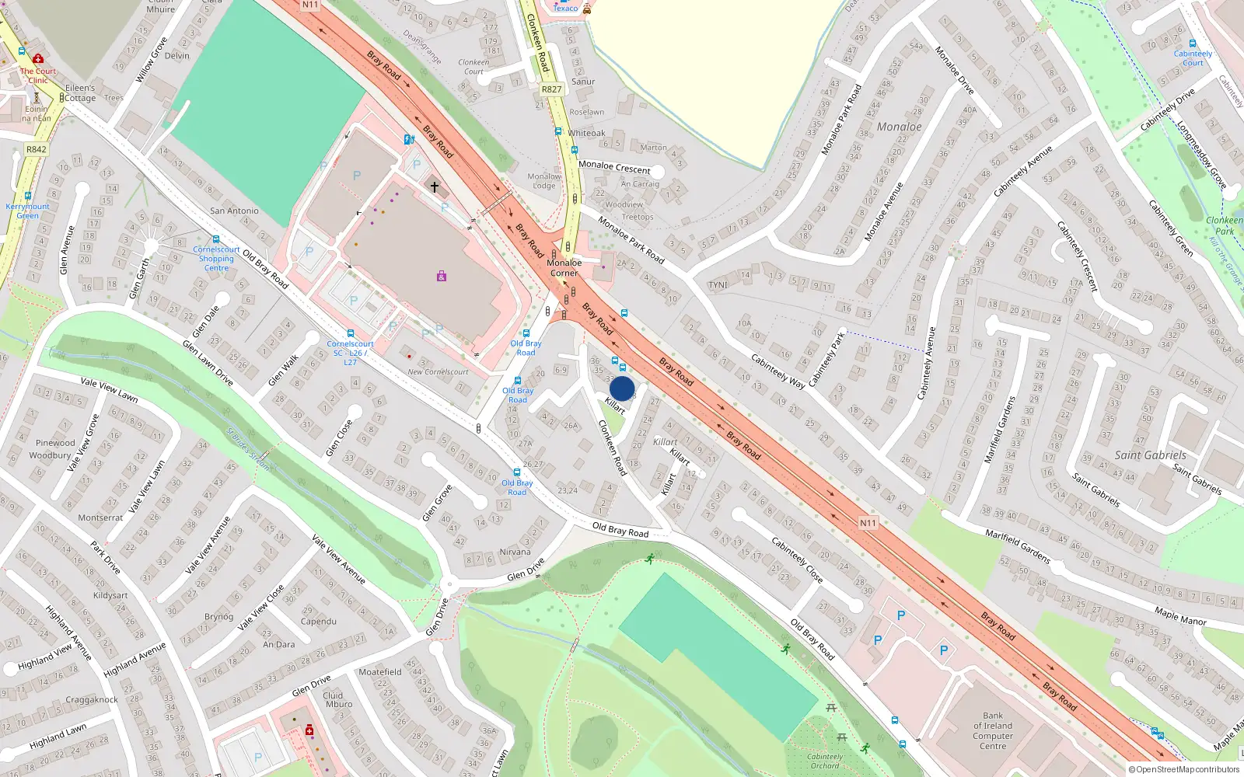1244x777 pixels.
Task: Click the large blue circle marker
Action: tap(622, 388)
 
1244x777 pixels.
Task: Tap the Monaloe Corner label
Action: tap(564, 268)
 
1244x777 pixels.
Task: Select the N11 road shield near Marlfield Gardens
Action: tap(868, 523)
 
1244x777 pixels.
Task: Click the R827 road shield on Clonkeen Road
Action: tap(551, 89)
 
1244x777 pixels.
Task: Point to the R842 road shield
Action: tap(36, 149)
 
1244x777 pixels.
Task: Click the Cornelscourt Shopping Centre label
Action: tap(216, 259)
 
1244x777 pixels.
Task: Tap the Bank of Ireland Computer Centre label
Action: tap(993, 731)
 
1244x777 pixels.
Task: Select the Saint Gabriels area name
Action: tap(1150, 455)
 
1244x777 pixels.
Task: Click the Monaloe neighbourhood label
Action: tap(899, 127)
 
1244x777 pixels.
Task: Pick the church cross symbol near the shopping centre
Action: tap(434, 186)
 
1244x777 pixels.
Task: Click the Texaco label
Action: tap(565, 9)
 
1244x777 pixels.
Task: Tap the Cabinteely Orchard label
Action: tap(825, 761)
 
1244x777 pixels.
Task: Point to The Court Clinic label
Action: tap(38, 75)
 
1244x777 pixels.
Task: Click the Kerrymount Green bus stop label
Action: tap(27, 211)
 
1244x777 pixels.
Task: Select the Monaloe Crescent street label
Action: tap(614, 167)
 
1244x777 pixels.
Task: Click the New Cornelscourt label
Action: tap(438, 372)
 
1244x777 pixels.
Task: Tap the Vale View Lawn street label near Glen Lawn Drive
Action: tap(109, 389)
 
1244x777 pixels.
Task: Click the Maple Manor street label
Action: tap(1180, 616)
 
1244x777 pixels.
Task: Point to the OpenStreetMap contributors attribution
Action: tap(1184, 770)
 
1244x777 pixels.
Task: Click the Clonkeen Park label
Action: tap(1224, 225)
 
